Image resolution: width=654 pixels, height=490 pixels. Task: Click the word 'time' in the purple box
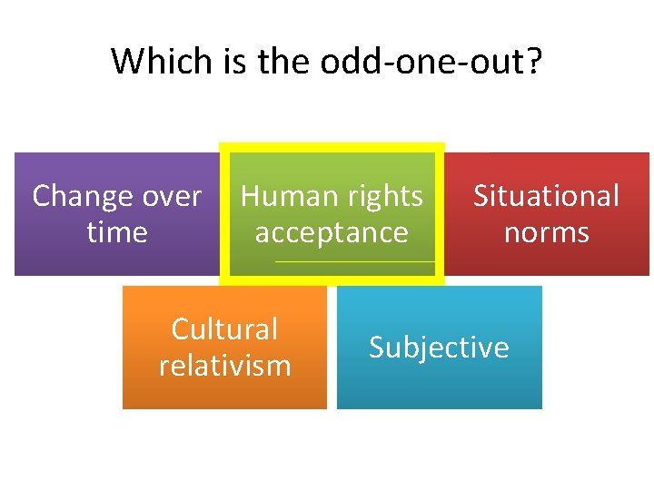click(116, 232)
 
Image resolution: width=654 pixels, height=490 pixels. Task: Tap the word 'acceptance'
click(332, 232)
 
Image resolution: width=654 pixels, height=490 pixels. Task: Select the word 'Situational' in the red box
click(546, 196)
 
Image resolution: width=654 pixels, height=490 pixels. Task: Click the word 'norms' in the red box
click(546, 232)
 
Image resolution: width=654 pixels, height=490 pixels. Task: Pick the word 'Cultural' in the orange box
click(224, 328)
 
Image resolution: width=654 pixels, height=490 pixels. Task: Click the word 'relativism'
click(224, 365)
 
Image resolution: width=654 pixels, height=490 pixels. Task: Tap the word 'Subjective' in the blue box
click(439, 348)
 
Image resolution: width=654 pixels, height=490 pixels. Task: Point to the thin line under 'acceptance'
click(354, 262)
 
